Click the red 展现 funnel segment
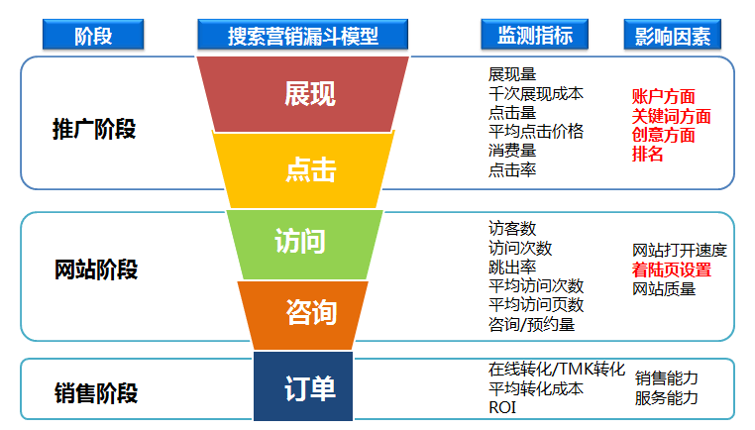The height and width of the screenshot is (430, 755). coord(303,94)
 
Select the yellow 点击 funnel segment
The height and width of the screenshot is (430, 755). coord(303,170)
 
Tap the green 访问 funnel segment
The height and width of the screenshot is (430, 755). coord(304,245)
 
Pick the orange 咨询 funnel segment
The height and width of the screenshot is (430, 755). coord(303,315)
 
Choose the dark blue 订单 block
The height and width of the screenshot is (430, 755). coord(303,386)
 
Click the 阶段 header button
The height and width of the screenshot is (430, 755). coord(93,35)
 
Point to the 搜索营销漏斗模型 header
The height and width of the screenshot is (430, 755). coord(303,35)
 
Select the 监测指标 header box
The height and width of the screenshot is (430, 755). coord(534,35)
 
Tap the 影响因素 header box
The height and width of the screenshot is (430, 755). coord(672,35)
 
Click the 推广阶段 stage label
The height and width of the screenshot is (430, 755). coord(94,129)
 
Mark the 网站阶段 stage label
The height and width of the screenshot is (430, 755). coord(96,269)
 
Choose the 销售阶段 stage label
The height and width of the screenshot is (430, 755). coord(96,393)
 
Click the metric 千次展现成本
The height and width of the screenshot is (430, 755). coord(536,93)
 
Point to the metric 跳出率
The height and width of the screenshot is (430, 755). coord(512,267)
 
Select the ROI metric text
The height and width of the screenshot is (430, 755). coord(502,408)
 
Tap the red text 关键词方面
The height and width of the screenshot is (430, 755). coord(671,116)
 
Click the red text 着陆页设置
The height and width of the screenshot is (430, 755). coord(672,269)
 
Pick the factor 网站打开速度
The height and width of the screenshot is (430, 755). coord(680,251)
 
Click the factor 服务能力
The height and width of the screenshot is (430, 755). coord(667,397)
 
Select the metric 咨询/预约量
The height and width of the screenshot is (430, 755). coord(532,325)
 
